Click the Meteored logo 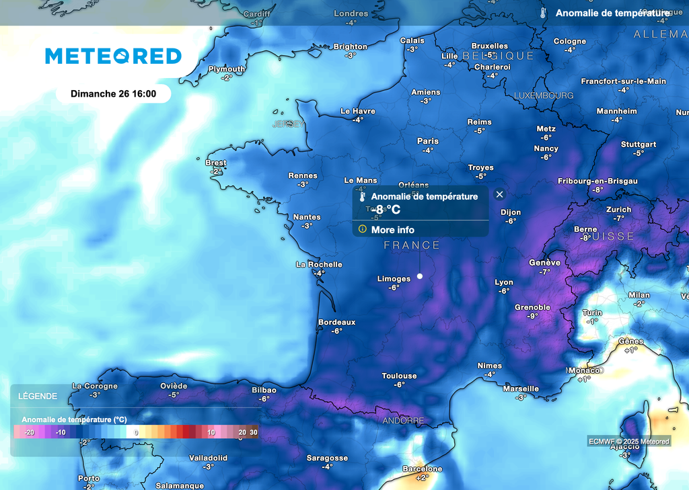[113, 56]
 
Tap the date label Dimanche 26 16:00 [113, 93]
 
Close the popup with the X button [499, 194]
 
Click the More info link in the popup [392, 230]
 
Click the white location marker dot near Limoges [420, 276]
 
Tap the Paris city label [427, 141]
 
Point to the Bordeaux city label [336, 323]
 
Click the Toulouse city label [399, 376]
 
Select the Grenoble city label [532, 308]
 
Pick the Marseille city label [521, 389]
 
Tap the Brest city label [216, 163]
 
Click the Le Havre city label [357, 111]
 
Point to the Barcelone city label [422, 468]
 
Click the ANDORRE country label [403, 421]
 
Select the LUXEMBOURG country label [544, 95]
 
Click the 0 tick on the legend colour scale [137, 432]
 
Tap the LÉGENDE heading [38, 396]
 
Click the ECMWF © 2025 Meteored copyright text [628, 441]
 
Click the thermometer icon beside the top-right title [543, 13]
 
